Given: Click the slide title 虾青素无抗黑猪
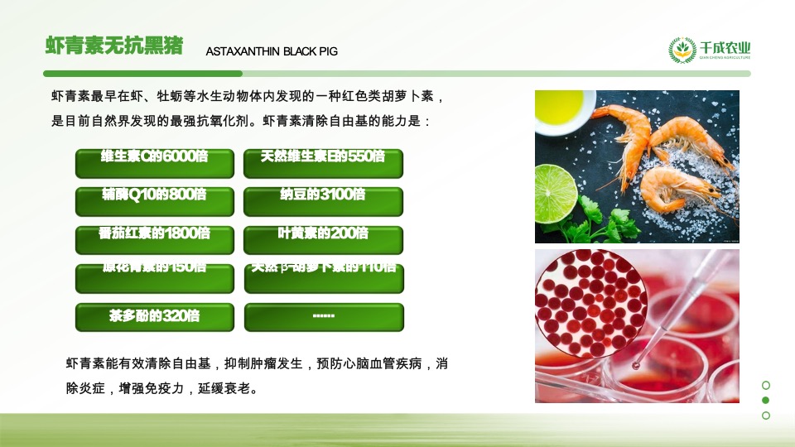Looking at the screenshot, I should [x=114, y=46].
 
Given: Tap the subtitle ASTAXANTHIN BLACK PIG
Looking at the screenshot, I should [x=272, y=51].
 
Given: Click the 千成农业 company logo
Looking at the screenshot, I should [x=711, y=50].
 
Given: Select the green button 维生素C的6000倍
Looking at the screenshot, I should [x=155, y=163].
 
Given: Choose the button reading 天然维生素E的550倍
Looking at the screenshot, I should [x=323, y=163].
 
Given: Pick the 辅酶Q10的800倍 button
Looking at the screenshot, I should [x=155, y=202].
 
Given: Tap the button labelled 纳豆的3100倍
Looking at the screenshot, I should [x=323, y=202].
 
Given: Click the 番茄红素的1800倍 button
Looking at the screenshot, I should [x=155, y=240].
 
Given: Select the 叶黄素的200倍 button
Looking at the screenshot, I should [x=323, y=240].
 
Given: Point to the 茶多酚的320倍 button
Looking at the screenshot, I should [x=155, y=317].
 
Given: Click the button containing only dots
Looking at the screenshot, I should [x=323, y=317].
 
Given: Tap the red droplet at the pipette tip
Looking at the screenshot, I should [x=636, y=364].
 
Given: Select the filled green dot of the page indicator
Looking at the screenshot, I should [x=765, y=400].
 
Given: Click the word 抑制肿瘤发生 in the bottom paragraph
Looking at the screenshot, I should [x=265, y=363].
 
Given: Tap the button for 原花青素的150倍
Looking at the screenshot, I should [x=155, y=279].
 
